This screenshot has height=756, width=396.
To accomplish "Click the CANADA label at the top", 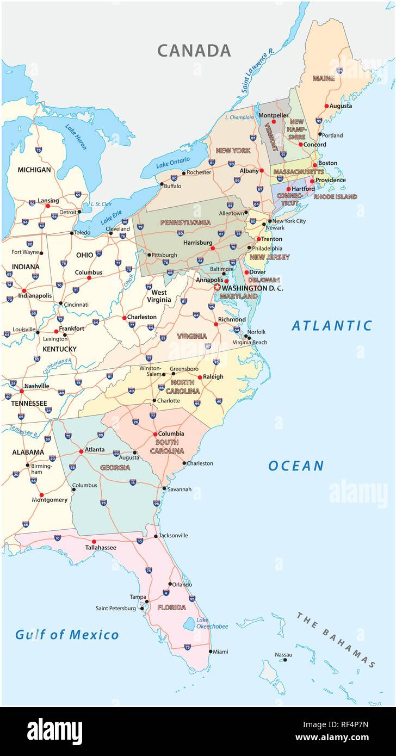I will point(194,51).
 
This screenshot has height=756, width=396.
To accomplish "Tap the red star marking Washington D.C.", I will point(218,287).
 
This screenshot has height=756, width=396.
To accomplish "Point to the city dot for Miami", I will point(211,651).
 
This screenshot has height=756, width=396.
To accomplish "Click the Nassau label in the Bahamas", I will point(283,654).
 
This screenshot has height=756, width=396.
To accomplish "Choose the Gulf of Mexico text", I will point(66,634).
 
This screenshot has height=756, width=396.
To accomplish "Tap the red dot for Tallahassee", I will point(94,541).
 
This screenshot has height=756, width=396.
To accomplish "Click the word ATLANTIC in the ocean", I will point(332,326).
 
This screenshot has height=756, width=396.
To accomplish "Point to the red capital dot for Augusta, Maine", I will point(326,106).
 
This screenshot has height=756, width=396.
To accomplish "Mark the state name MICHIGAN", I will point(34,170).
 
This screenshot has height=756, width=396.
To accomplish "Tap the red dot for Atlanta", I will point(81,451).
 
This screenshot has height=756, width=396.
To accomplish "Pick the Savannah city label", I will point(180,489).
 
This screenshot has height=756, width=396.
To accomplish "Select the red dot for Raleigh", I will point(200,377).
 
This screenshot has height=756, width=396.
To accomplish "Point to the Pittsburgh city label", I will point(164,255).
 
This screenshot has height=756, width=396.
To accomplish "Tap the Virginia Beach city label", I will point(250,342).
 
